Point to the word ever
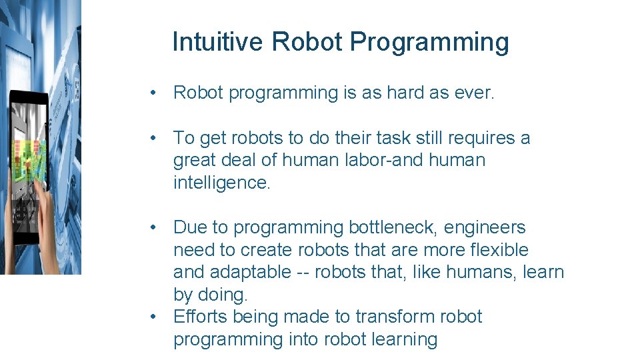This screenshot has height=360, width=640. (474, 93)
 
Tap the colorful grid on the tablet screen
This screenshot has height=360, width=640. (26, 160)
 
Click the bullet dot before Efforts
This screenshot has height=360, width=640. (155, 317)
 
